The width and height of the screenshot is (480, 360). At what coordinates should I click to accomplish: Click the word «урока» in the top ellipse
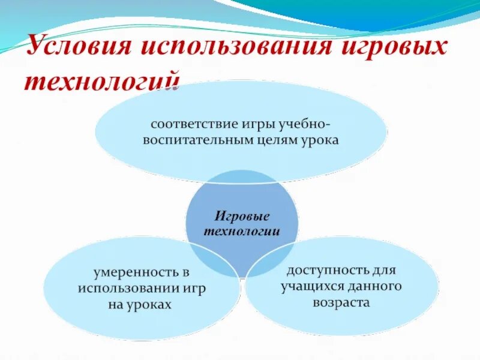[x=320, y=140]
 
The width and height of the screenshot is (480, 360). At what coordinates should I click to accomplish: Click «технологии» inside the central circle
[x=241, y=231]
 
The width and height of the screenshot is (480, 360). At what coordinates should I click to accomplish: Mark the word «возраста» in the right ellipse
[x=340, y=302]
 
